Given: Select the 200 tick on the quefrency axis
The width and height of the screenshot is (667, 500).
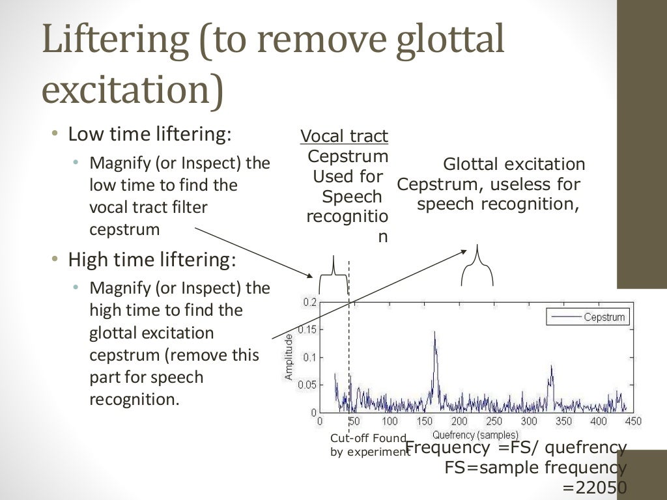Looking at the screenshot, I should (459, 422).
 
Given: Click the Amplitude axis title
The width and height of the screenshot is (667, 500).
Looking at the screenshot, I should (289, 357).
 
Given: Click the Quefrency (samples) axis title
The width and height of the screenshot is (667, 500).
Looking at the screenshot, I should (475, 434).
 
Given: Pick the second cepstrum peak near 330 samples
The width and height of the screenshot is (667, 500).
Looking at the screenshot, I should (551, 368).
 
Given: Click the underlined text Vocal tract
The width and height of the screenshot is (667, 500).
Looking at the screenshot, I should (344, 136).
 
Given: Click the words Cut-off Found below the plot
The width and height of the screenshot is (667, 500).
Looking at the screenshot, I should (368, 438).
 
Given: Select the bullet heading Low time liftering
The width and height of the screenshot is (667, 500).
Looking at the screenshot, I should (150, 134).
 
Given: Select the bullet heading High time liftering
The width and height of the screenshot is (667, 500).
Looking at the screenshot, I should (151, 260).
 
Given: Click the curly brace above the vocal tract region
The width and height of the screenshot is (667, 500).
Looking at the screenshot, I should (334, 273).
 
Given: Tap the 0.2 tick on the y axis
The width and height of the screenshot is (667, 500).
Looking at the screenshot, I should (309, 303).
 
